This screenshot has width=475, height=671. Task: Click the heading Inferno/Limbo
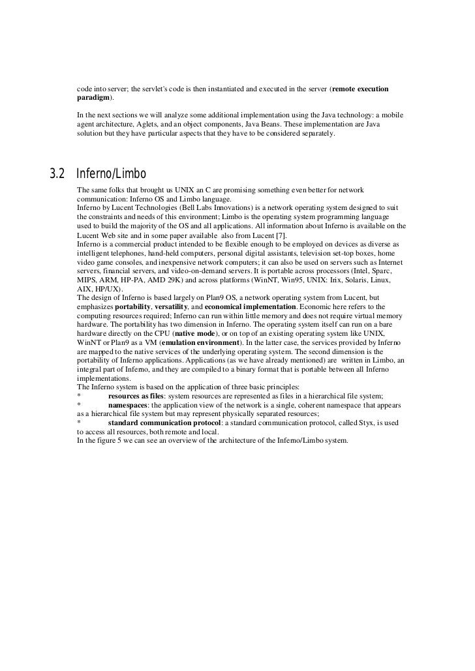111,174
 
